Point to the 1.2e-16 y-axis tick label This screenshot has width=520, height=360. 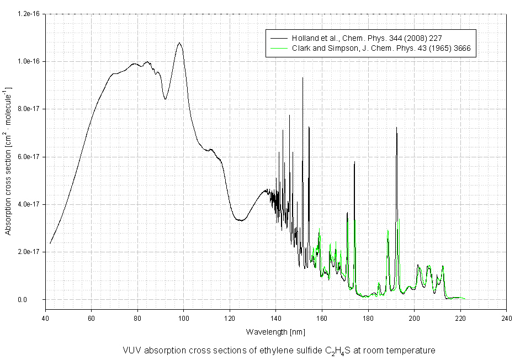[x=29, y=14]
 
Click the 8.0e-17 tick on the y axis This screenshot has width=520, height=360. [x=29, y=109]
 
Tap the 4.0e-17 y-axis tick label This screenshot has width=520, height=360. [x=29, y=205]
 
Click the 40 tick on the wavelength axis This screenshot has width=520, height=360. [x=45, y=319]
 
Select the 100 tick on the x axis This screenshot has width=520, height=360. [x=184, y=319]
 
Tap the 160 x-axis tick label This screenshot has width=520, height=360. [x=322, y=319]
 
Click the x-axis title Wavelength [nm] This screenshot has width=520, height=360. [x=275, y=332]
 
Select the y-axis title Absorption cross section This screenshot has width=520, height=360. [x=8, y=160]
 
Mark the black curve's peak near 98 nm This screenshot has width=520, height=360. [x=179, y=43]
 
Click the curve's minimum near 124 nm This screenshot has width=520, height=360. [x=240, y=220]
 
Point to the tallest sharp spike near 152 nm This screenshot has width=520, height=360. [x=303, y=78]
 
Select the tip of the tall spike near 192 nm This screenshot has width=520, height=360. [x=396, y=128]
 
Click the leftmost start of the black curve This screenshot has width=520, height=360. [x=50, y=243]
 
